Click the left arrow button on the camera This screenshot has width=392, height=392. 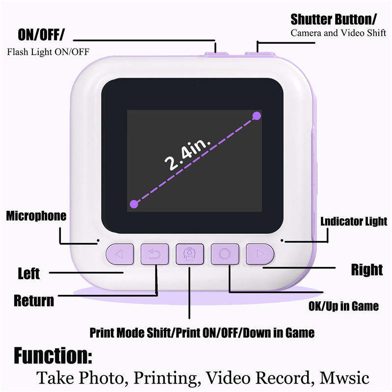(x=120, y=254)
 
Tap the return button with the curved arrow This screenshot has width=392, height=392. (x=155, y=254)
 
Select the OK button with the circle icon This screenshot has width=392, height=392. (x=225, y=254)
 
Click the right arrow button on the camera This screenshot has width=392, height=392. (x=260, y=254)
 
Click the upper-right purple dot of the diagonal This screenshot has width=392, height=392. (x=256, y=116)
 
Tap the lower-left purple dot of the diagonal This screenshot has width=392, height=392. (x=132, y=204)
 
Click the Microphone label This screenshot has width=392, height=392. (x=36, y=216)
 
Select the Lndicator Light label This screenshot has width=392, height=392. (x=354, y=221)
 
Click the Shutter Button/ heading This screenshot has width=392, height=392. (x=334, y=19)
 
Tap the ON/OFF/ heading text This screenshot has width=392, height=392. (x=41, y=35)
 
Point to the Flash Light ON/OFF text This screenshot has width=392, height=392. (x=48, y=52)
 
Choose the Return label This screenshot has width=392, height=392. (x=34, y=300)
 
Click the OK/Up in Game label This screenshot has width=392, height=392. (x=343, y=306)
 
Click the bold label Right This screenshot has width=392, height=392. (x=367, y=269)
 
